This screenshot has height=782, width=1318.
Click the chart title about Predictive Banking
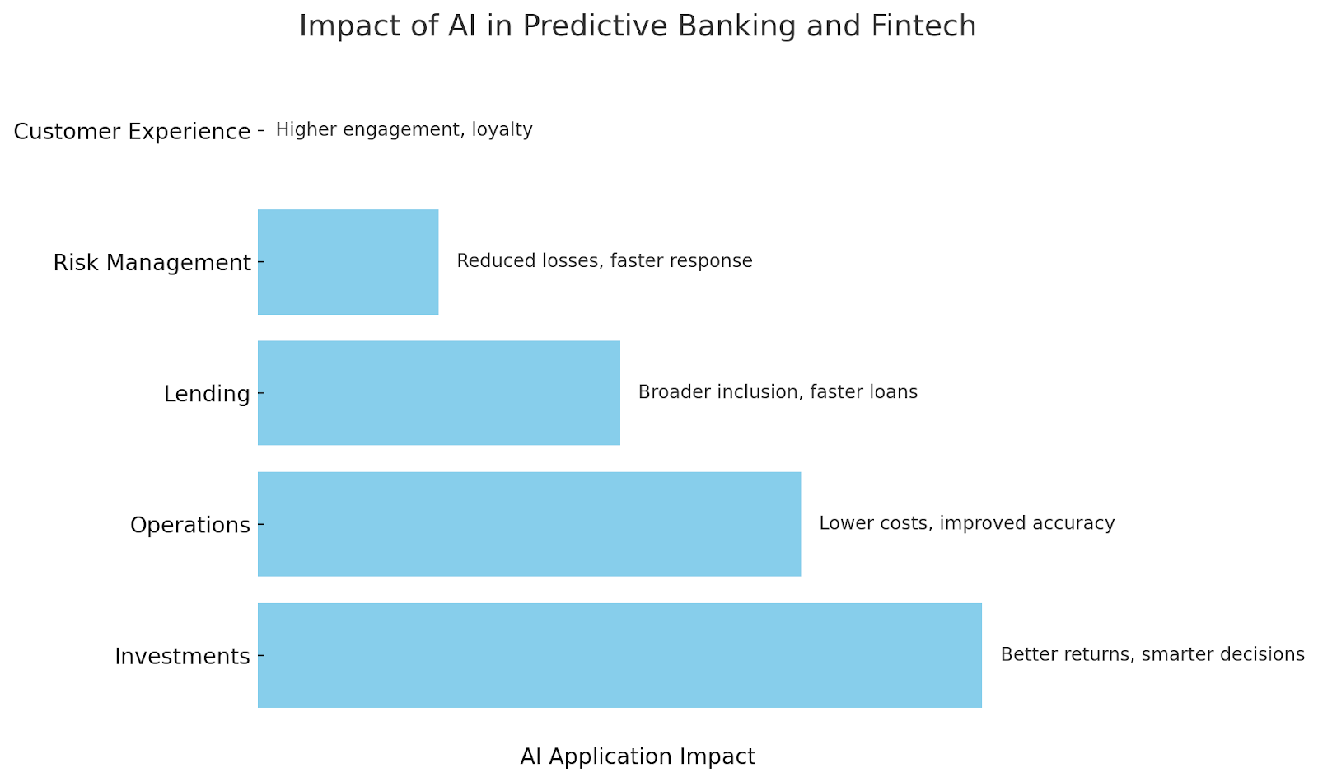click(x=638, y=26)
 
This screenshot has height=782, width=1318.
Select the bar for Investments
click(x=619, y=655)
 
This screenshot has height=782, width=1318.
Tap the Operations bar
click(x=529, y=524)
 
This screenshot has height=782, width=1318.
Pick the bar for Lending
click(x=439, y=392)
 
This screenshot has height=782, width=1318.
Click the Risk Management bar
click(x=348, y=262)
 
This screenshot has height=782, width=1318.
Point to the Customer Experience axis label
click(x=132, y=131)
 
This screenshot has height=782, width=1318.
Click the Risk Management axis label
click(x=152, y=262)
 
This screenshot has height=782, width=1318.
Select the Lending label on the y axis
click(x=207, y=394)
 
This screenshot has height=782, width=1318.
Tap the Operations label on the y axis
click(x=190, y=525)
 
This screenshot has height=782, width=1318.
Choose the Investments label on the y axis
click(x=182, y=656)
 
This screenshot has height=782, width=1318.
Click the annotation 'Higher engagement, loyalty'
click(x=404, y=129)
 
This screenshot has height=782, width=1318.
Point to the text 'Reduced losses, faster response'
click(x=605, y=260)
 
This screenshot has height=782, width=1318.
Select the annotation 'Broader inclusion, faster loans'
click(x=778, y=392)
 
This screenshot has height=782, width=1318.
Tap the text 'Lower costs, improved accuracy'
click(x=967, y=523)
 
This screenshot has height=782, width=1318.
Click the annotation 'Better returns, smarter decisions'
click(x=1152, y=654)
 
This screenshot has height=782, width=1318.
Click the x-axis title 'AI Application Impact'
click(x=638, y=756)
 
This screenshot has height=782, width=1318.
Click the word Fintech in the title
click(x=923, y=26)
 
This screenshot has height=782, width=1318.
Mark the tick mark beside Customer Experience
click(x=261, y=130)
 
